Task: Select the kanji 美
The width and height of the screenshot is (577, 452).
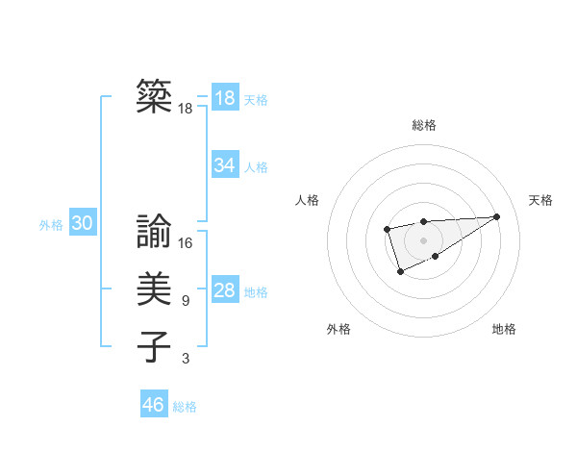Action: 154,289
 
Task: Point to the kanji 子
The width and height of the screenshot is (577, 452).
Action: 154,346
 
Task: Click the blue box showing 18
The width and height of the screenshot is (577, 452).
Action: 224,97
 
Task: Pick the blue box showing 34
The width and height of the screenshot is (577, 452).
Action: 224,165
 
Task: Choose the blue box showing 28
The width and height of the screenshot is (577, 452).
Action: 224,290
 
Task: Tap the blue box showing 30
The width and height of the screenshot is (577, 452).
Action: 82,223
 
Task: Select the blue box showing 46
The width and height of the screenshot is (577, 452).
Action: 153,404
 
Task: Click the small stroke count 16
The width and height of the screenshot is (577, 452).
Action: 186,243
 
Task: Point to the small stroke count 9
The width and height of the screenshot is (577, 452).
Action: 186,301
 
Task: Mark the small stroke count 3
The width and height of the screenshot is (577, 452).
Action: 186,359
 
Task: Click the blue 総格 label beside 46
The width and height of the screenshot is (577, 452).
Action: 185,407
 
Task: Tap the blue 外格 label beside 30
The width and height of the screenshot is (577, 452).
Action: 51,225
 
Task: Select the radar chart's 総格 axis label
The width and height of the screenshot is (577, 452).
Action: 424,125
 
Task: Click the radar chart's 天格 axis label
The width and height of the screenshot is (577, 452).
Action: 541,200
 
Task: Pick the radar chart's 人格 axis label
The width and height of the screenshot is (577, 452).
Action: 308,200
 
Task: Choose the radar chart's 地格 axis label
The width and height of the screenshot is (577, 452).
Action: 504,329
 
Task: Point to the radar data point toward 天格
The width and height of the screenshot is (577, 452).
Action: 496,216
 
